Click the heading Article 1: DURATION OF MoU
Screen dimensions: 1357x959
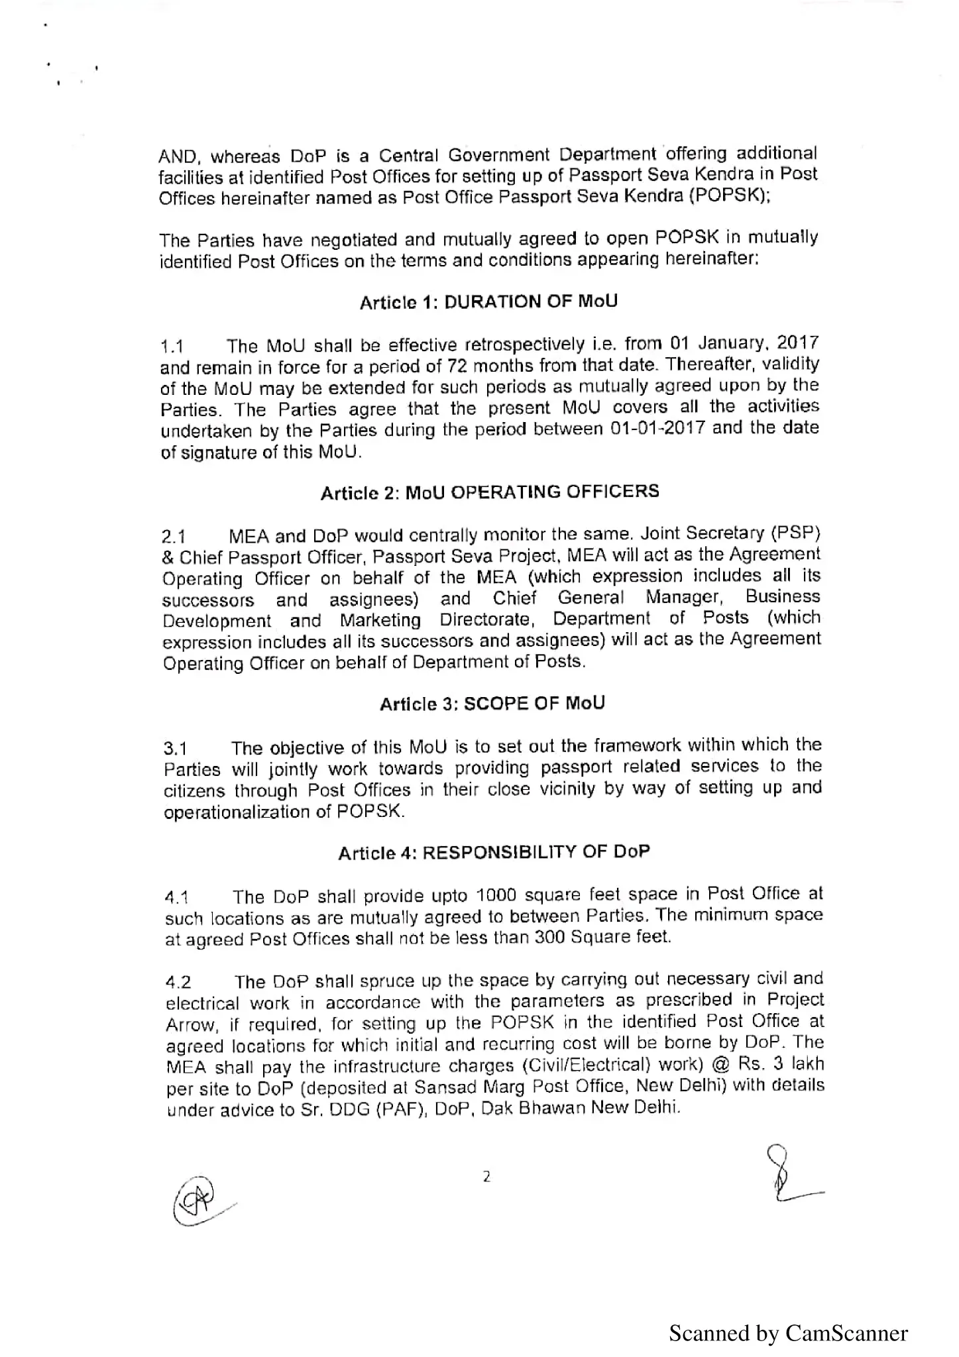(488, 302)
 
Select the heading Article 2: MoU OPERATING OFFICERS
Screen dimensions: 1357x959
(490, 492)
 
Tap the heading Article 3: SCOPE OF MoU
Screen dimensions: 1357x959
(492, 704)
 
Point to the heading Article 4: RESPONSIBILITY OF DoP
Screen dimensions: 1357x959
(494, 852)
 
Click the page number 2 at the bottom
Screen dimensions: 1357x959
(486, 1177)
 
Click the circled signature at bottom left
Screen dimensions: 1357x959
(197, 1203)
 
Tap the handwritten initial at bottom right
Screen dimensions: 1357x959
(789, 1175)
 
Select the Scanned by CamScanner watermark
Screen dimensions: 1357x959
(787, 1332)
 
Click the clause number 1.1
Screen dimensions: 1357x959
(172, 347)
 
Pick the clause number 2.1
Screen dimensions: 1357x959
(174, 537)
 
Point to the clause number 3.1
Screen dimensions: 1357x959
(176, 749)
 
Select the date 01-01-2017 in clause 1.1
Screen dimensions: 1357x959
(657, 429)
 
